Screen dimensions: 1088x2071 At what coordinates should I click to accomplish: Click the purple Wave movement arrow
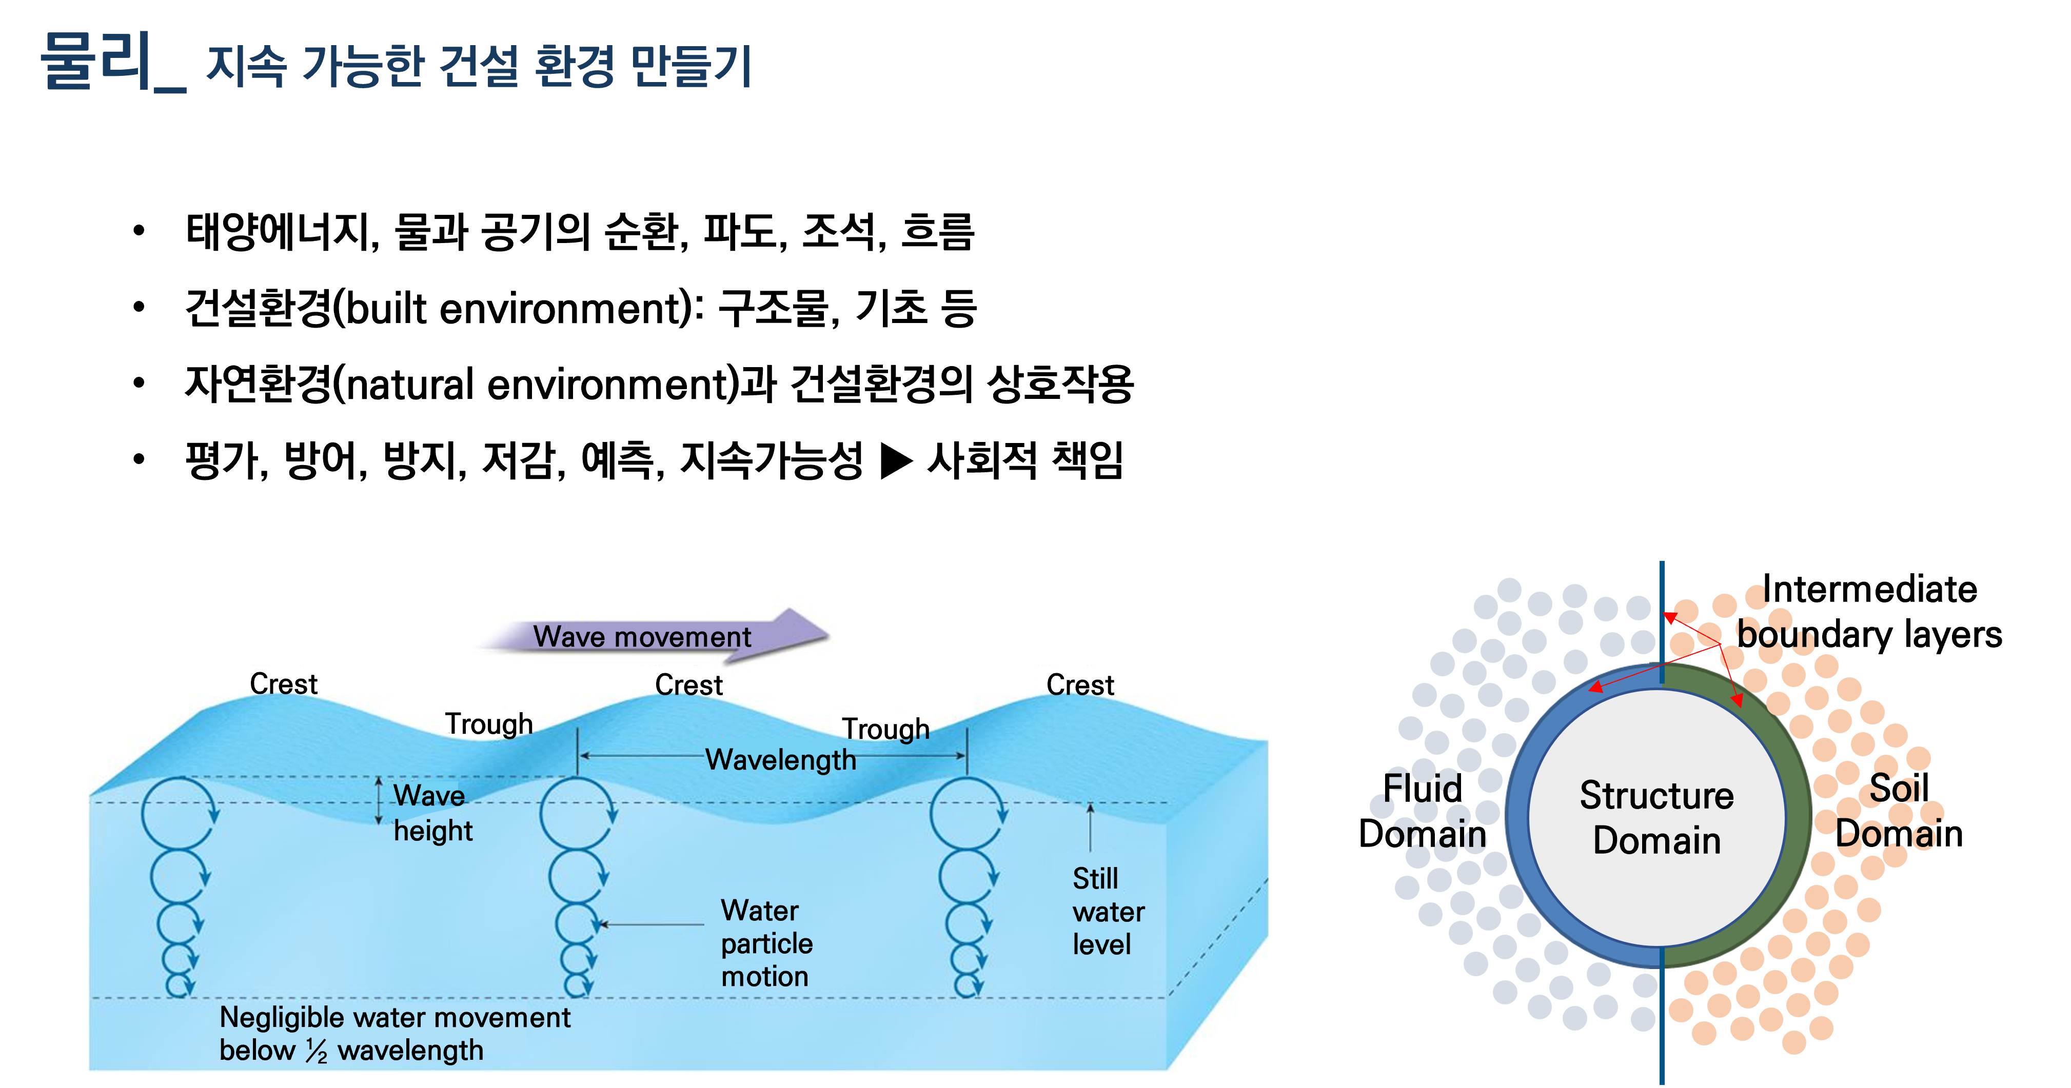tap(651, 636)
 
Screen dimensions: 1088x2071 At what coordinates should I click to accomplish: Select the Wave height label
tap(432, 812)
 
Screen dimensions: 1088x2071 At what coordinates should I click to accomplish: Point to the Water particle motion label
tap(766, 943)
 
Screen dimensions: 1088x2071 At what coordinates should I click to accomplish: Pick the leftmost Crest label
tap(283, 684)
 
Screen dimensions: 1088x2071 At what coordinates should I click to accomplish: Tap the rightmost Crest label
tap(1080, 684)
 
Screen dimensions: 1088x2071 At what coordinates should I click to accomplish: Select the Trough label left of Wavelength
tap(489, 724)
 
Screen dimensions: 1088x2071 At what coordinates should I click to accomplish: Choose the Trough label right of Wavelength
tap(885, 729)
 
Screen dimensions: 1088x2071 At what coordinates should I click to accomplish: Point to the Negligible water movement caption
tap(394, 1033)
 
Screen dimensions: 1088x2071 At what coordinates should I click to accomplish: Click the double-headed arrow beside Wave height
tap(379, 800)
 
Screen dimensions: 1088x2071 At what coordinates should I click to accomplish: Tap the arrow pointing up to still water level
tap(1090, 828)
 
